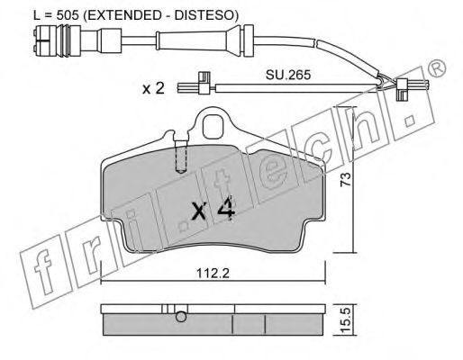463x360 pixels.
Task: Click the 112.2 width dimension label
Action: pyautogui.click(x=213, y=273)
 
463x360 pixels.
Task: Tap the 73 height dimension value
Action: pyautogui.click(x=345, y=179)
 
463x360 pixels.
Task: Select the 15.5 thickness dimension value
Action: pyautogui.click(x=346, y=320)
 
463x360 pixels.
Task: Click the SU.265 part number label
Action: pyautogui.click(x=288, y=75)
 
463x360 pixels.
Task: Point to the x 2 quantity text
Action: pyautogui.click(x=153, y=88)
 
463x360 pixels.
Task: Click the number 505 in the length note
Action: pyautogui.click(x=68, y=15)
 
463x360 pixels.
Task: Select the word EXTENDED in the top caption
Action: pyautogui.click(x=125, y=15)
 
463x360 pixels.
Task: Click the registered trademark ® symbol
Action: pyautogui.click(x=436, y=68)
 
